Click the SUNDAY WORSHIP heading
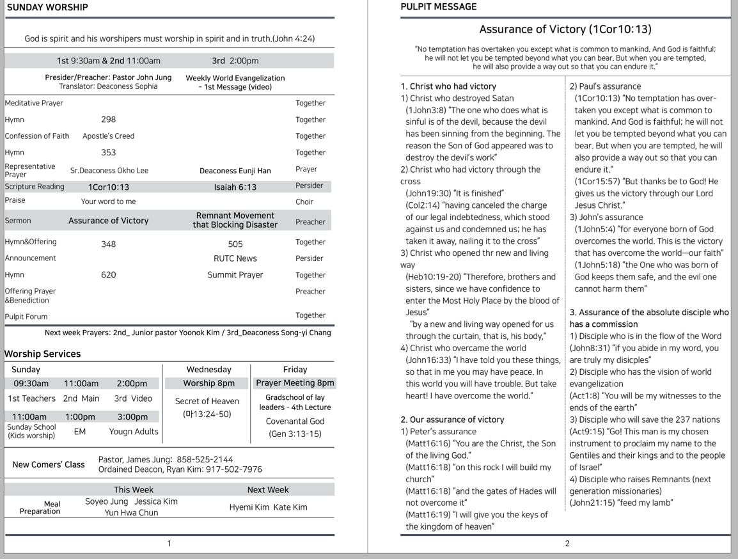point(47,8)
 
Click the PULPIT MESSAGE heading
point(438,7)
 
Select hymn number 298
point(109,120)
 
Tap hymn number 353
point(109,153)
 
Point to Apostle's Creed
point(108,136)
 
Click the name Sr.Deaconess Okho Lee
point(109,171)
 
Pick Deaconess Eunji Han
point(235,171)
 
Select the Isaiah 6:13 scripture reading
point(235,187)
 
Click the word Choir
point(304,202)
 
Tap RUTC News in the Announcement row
point(235,258)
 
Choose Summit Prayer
point(235,275)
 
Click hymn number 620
point(109,275)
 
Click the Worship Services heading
point(42,354)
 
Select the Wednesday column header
point(208,370)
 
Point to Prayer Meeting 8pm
point(295,384)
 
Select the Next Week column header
point(268,490)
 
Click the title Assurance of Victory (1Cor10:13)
point(565,29)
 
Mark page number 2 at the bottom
point(567,544)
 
